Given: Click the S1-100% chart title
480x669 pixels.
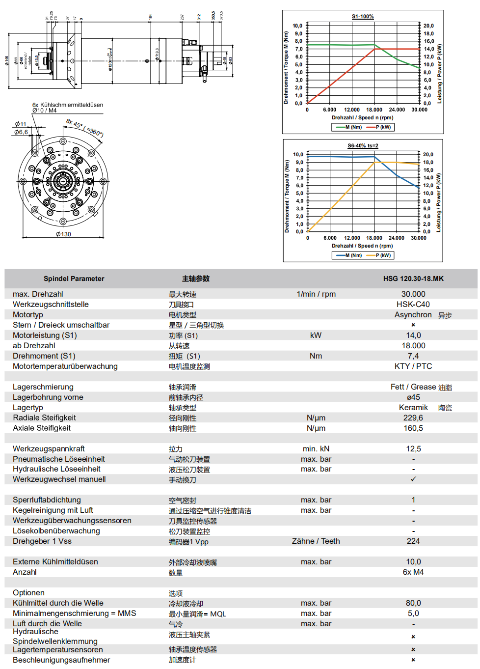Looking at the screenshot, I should [363, 17].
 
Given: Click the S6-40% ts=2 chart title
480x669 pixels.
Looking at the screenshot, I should [363, 146].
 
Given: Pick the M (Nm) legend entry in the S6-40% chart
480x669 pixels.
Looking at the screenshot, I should [349, 255].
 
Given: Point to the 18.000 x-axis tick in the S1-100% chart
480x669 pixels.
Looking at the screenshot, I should [374, 110].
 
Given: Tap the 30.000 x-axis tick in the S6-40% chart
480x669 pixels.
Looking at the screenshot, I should [419, 238].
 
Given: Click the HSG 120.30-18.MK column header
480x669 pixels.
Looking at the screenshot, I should [413, 279].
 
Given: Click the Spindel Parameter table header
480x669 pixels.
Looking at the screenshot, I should [74, 279].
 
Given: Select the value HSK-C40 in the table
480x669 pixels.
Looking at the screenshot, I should [413, 305].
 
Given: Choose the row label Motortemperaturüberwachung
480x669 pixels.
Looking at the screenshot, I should [65, 366].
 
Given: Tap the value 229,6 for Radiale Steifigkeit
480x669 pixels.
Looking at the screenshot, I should [413, 418].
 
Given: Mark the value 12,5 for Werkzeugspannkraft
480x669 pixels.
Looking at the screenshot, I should [413, 449].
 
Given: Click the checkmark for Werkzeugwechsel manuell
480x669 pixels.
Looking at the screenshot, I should [413, 479].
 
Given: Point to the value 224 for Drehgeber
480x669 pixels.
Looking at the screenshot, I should [413, 541].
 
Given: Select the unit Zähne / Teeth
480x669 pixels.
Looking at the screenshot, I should [316, 541].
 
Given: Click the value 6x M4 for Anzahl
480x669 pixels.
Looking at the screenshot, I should [413, 572].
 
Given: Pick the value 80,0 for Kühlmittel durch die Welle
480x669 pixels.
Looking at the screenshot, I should [413, 603].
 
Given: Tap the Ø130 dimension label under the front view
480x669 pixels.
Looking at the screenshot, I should [63, 234].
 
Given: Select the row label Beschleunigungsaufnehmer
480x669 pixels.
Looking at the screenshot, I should [61, 660].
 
